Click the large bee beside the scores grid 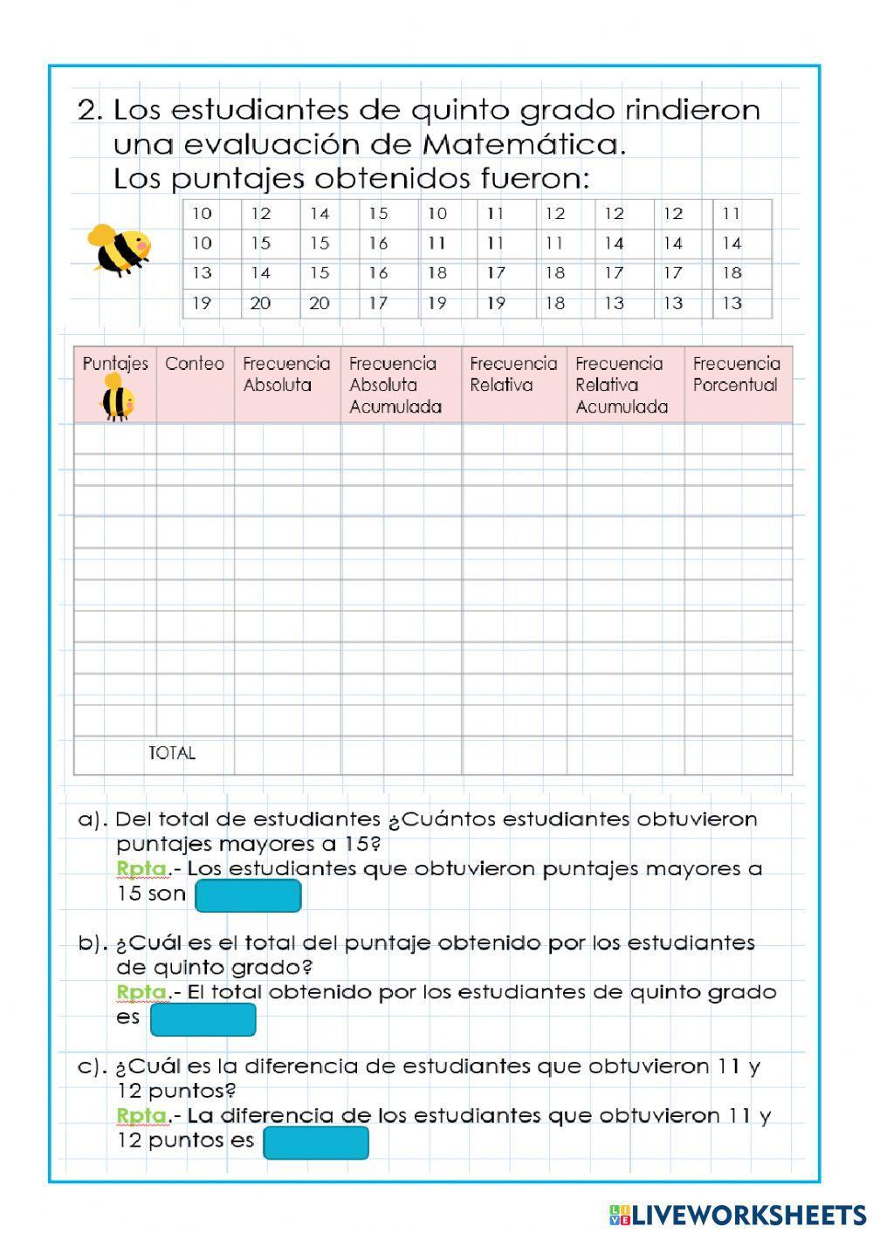click(x=119, y=250)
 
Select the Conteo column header click(x=194, y=364)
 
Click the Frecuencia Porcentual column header click(x=736, y=374)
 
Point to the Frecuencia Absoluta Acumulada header click(x=395, y=385)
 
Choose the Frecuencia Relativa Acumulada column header click(x=622, y=385)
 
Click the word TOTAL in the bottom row click(x=172, y=753)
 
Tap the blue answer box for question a click(x=248, y=895)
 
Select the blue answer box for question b click(x=203, y=1019)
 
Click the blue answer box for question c click(x=315, y=1142)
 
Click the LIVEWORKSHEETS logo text click(x=748, y=1215)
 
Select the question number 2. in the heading click(x=91, y=110)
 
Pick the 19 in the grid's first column click(x=202, y=303)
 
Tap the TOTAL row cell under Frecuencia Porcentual click(x=738, y=755)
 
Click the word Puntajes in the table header click(x=115, y=364)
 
